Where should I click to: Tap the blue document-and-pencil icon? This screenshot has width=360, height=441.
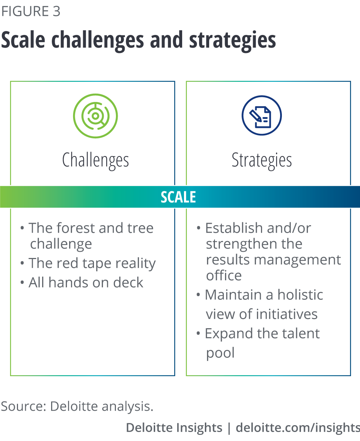(262, 115)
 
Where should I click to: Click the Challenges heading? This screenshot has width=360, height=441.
(95, 160)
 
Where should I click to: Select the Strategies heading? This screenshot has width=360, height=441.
(262, 160)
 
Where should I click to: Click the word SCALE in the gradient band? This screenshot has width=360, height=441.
(178, 197)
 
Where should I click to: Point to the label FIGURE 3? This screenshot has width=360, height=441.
(31, 11)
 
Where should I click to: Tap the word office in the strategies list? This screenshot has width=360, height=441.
(224, 275)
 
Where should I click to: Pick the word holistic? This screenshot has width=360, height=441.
(300, 295)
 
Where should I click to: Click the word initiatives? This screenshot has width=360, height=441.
(287, 314)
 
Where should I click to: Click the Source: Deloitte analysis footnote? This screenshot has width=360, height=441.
(77, 406)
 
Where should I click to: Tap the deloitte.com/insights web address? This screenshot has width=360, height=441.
(298, 427)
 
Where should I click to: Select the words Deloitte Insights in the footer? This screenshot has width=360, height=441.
(174, 427)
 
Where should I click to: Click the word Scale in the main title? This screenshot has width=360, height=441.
(23, 40)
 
